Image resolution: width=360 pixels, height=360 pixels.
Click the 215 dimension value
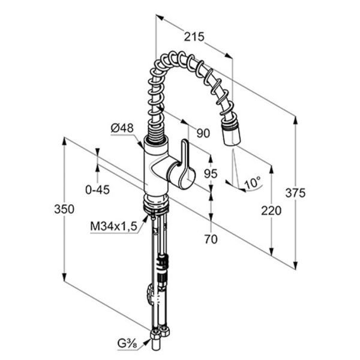(194, 37)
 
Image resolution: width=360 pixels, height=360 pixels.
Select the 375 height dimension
(295, 193)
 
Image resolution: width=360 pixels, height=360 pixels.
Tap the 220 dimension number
(271, 211)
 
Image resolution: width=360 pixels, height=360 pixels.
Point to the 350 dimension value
(64, 209)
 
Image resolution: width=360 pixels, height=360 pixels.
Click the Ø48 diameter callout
(122, 128)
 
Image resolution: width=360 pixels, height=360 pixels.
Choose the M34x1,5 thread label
(113, 226)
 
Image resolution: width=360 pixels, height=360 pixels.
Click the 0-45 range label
(97, 190)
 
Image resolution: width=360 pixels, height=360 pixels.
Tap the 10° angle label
(253, 183)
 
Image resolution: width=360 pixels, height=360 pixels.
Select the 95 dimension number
(211, 173)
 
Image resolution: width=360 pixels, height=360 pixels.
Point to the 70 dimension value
(211, 239)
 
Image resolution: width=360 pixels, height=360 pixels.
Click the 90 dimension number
(203, 133)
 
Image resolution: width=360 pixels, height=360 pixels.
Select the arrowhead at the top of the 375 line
(295, 121)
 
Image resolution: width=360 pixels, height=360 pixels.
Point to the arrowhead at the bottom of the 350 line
(65, 277)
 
